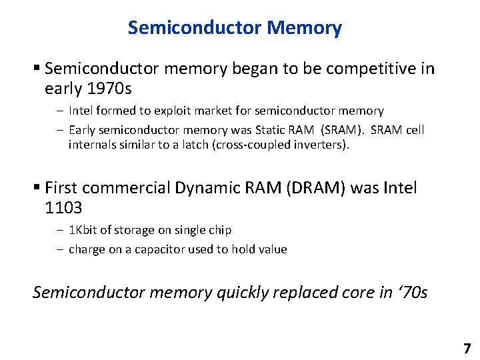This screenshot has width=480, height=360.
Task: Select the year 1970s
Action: click(107, 89)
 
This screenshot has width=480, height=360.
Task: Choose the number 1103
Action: click(63, 208)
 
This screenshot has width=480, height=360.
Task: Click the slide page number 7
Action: click(467, 348)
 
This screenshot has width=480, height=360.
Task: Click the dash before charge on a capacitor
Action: click(60, 250)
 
